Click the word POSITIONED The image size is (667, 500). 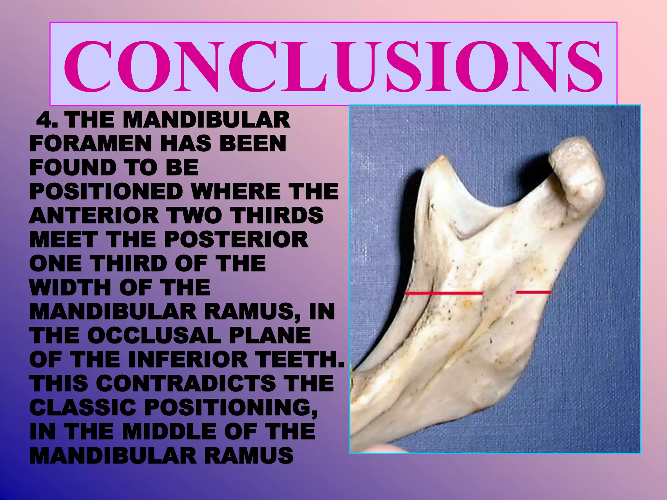106,192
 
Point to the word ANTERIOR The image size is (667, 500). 93,215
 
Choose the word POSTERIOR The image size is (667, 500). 236,240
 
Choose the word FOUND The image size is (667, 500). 72,168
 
